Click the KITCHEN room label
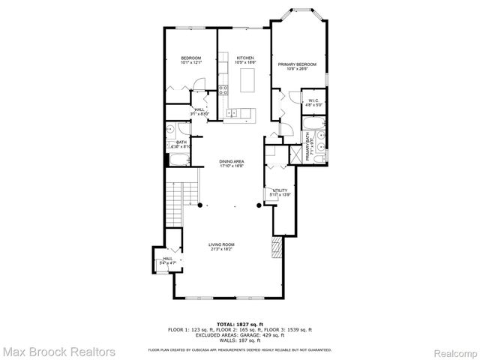pos(245,58)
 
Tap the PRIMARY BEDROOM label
pos(297,65)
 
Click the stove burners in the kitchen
pos(223,92)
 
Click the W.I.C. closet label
pos(313,100)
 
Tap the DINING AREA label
pos(232,161)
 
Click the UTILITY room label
pos(280,191)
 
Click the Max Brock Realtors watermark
pos(58,350)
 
